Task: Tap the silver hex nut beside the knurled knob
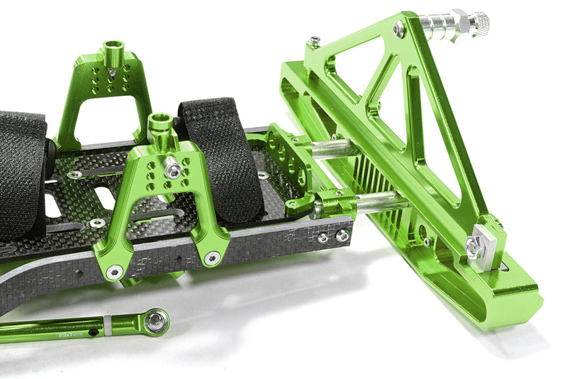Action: point(456,23)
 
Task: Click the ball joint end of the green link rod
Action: point(156,321)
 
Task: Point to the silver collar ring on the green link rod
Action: point(107,325)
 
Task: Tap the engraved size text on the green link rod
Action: point(72,329)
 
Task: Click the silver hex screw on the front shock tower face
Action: point(172,170)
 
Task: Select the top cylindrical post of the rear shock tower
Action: point(113,52)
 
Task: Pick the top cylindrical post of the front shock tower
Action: point(160,126)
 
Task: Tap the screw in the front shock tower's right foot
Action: point(212,258)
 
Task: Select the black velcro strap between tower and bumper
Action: point(220,156)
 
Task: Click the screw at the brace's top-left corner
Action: point(313,42)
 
